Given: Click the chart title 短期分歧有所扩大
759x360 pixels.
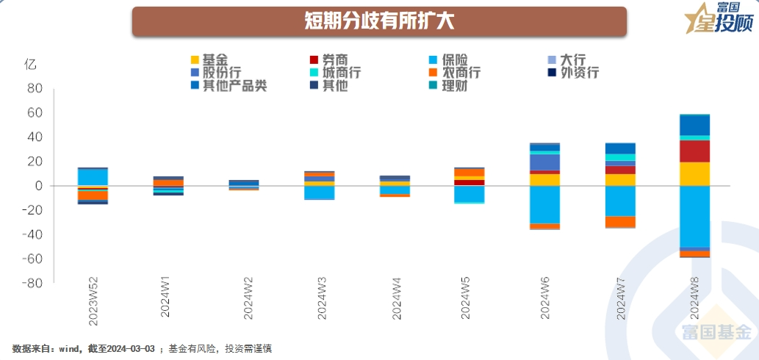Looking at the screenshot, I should click(x=379, y=21).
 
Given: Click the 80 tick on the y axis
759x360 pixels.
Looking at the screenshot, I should click(x=35, y=89).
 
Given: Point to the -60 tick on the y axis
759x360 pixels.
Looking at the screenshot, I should click(x=32, y=259).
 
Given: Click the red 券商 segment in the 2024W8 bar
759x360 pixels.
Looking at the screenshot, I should click(x=694, y=151).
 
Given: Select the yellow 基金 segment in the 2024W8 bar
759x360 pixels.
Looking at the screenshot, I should click(x=694, y=173).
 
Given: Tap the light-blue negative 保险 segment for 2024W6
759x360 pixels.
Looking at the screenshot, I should click(x=544, y=204).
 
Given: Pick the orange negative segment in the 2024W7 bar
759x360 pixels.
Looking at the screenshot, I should click(x=620, y=221).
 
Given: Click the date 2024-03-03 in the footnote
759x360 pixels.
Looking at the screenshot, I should click(x=131, y=348).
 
